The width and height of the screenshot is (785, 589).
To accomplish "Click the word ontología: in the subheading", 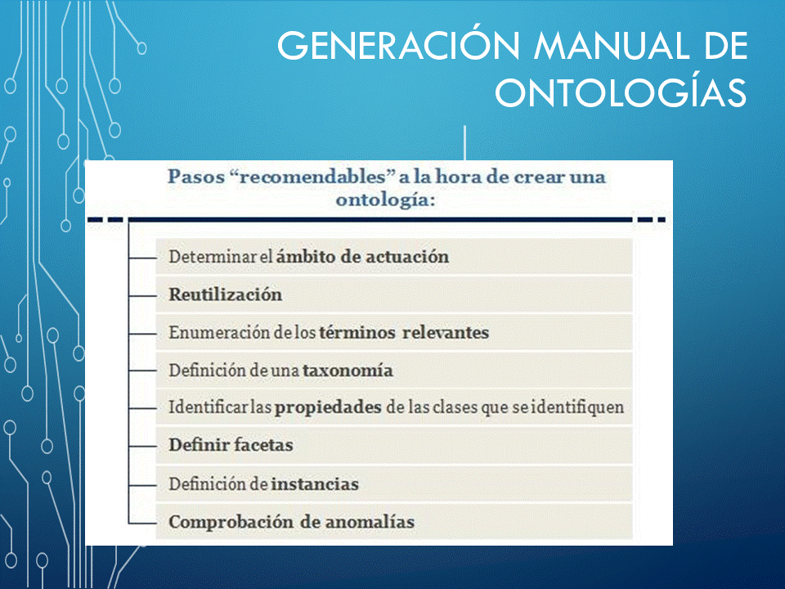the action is (385, 200).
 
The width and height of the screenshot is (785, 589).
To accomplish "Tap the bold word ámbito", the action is (306, 257).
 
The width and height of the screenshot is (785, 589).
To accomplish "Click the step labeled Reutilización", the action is (226, 294).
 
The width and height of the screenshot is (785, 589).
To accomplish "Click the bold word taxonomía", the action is (348, 371).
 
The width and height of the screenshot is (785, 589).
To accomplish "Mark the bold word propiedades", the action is (329, 407).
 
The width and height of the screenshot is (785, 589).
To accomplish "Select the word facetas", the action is (263, 445).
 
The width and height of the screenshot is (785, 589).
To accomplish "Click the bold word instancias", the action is (315, 484).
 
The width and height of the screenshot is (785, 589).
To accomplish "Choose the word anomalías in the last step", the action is (370, 522).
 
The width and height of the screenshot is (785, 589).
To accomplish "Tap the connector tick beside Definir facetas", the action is (142, 447).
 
